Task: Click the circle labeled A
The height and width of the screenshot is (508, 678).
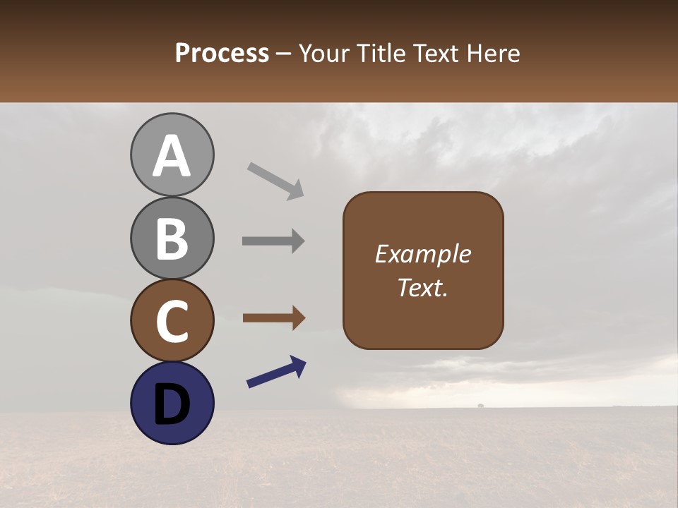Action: pos(172,155)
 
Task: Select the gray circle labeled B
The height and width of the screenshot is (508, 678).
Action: pos(172,238)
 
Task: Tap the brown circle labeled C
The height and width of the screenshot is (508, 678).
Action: pos(172,320)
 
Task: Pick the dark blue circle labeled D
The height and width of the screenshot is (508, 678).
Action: pos(172,403)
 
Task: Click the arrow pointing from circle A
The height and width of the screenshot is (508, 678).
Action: pos(275,181)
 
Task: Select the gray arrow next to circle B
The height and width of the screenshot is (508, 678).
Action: pos(273,241)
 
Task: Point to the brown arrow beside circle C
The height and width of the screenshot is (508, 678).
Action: pos(273,318)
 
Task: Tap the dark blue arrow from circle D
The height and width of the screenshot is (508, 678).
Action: pos(276,372)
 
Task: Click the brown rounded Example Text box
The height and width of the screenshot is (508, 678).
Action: pos(423,270)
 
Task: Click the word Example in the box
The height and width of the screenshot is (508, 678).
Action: pos(423,254)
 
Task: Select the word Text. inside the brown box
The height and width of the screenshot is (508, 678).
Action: pos(423,287)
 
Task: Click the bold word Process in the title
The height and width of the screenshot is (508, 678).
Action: pos(222,53)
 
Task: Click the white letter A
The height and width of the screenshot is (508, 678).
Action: pos(172,156)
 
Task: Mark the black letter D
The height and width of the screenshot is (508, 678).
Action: pos(172,404)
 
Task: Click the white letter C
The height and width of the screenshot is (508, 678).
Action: pos(172,321)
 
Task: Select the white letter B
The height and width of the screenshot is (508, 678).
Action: pos(172,238)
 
